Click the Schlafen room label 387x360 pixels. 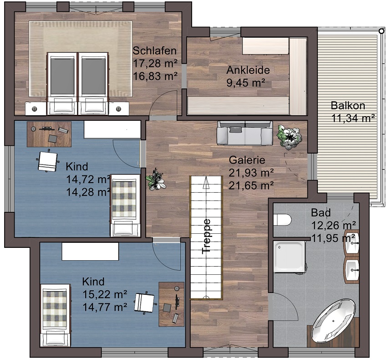coord(155,51)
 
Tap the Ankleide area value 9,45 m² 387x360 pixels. coord(246,82)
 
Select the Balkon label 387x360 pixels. coord(348,106)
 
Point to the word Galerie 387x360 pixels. coord(247,160)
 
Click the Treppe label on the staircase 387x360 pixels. coord(206,237)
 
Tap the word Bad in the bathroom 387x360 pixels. coord(321,213)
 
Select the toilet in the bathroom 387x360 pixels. coord(282,219)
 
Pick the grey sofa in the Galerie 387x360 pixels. coord(245,133)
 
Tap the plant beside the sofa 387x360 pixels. coord(289,137)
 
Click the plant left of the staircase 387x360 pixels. coord(155,180)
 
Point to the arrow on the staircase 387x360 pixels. coord(206,183)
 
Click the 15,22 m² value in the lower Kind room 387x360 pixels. coord(105,294)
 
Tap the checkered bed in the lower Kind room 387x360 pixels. coord(55,315)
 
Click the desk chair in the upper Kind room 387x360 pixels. coord(48,161)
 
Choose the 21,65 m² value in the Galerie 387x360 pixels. coord(251,185)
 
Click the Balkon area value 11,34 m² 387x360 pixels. coord(353,118)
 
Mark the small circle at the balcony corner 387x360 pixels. coord(382,31)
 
